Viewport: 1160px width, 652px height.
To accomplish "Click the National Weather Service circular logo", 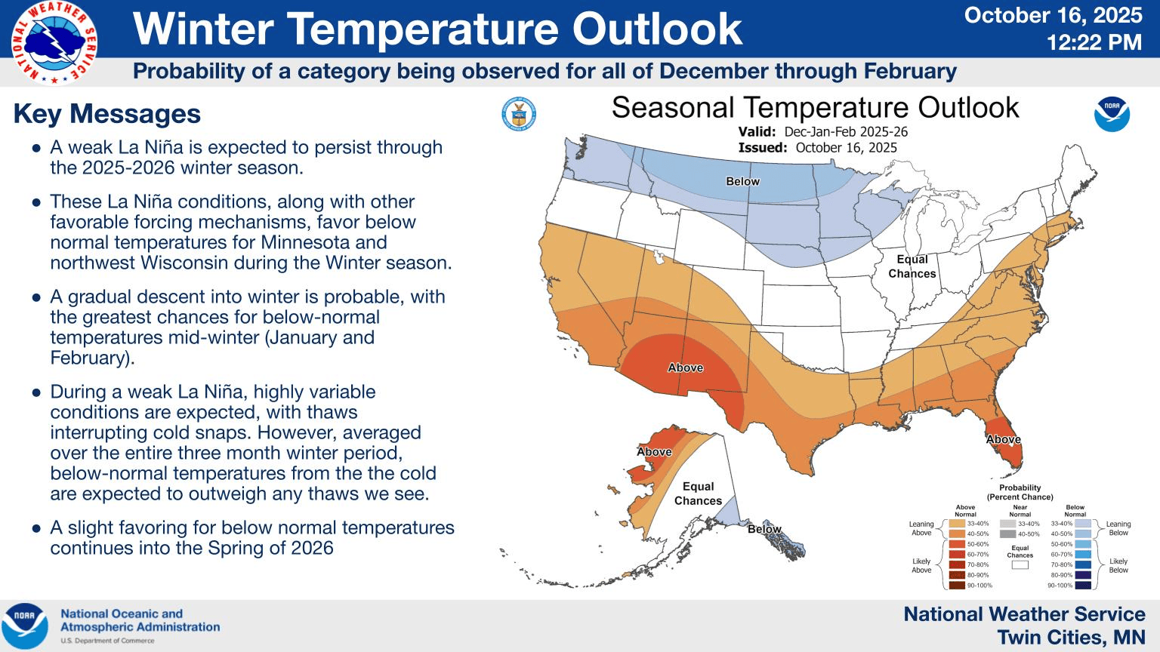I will click(x=54, y=43).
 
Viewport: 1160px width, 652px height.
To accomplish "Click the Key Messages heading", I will click(x=107, y=114).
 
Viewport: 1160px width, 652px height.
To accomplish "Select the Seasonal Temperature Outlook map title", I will click(x=815, y=108).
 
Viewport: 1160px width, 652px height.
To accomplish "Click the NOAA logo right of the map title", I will click(x=1112, y=115).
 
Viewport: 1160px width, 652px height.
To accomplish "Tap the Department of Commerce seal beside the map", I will click(x=518, y=115).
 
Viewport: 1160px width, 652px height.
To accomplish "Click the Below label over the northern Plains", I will click(x=742, y=181).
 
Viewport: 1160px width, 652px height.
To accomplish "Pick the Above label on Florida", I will click(x=1003, y=439).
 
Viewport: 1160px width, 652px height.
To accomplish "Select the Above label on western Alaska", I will click(x=654, y=452).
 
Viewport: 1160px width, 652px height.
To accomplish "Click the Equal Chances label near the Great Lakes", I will click(x=912, y=266).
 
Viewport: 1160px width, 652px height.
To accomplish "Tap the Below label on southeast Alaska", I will click(x=764, y=529).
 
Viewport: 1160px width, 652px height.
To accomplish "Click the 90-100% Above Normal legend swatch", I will click(x=956, y=585).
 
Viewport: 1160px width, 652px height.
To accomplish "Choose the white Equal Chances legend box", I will click(x=1020, y=564).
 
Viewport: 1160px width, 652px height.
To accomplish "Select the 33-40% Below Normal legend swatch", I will click(x=1083, y=523).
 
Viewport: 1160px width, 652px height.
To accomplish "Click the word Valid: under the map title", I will click(x=757, y=132).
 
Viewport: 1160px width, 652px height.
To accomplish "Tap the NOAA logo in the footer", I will click(x=25, y=626).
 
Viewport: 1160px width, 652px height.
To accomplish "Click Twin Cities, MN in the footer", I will click(x=1071, y=638).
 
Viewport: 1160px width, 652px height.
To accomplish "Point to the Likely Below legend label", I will click(x=1118, y=565).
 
